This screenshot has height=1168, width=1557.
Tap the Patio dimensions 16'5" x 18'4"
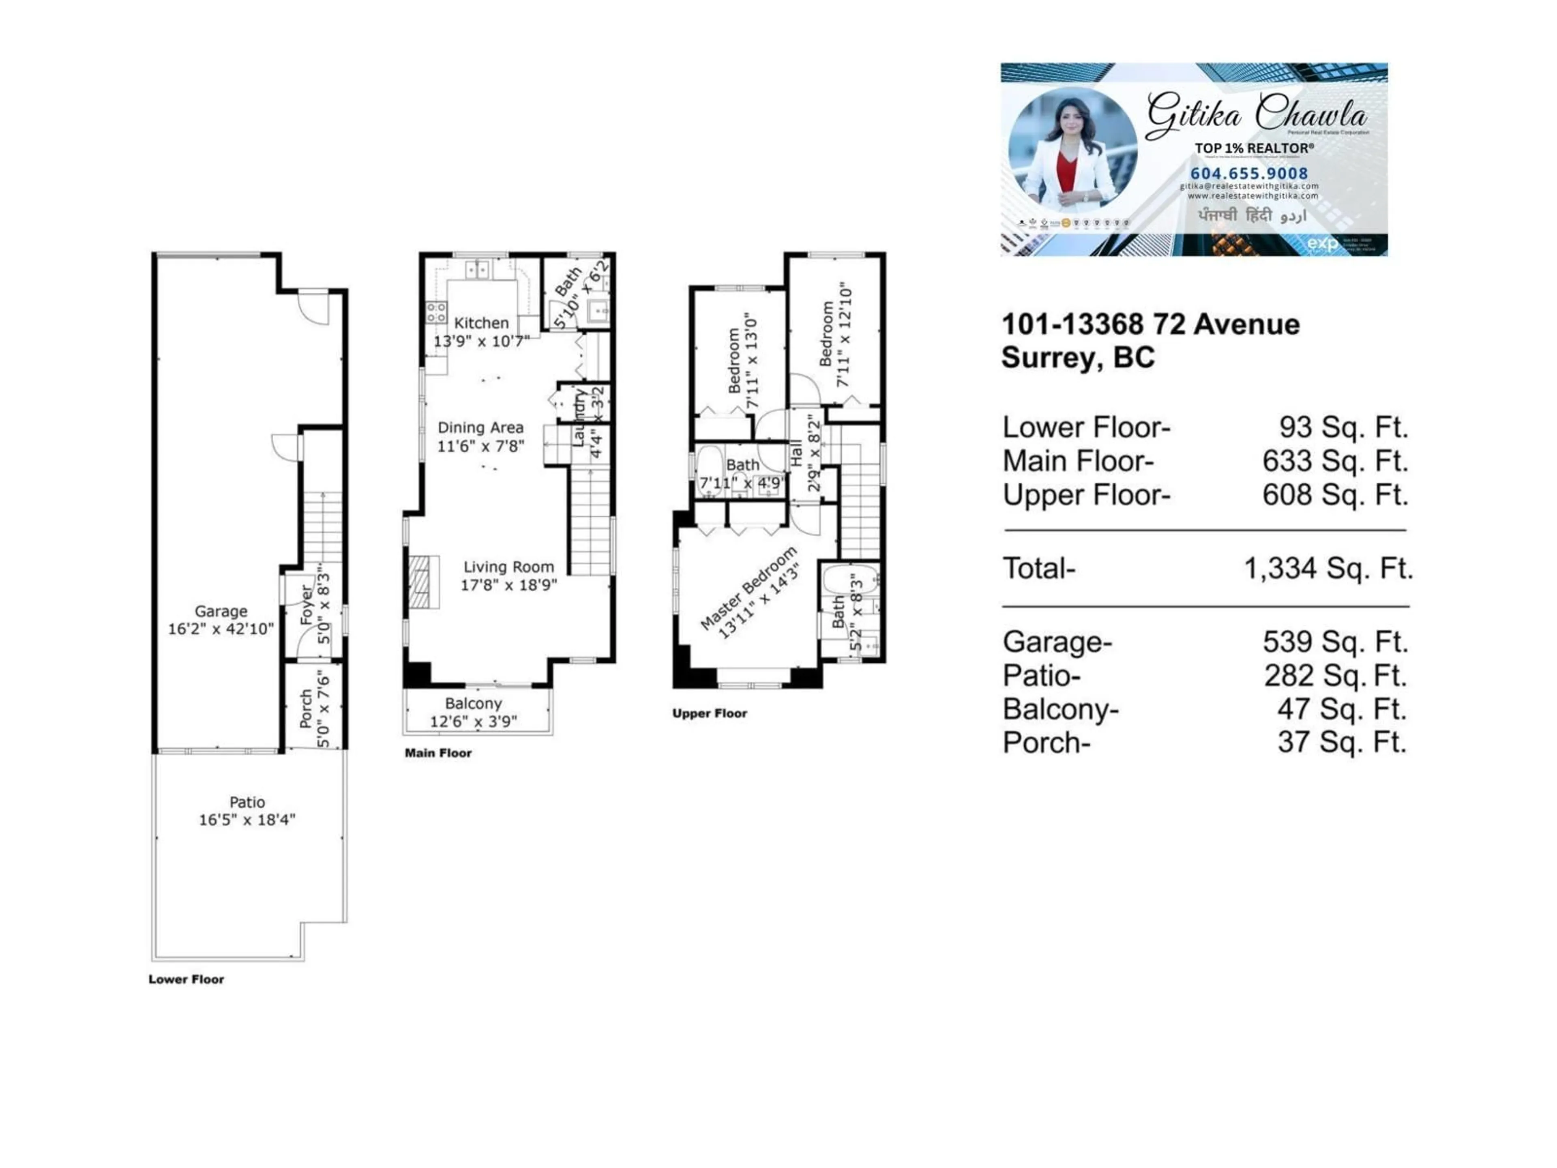(x=247, y=820)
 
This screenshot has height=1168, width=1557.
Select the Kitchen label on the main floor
(x=481, y=323)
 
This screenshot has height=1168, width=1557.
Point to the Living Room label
(x=508, y=567)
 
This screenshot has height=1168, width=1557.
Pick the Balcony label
(x=473, y=703)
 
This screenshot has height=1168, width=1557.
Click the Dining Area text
(x=480, y=427)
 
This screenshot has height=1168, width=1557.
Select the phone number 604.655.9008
(x=1249, y=173)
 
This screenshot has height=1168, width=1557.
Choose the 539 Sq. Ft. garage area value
(x=1334, y=641)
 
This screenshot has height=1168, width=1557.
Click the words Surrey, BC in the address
(x=1078, y=358)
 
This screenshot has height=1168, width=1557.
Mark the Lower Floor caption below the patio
(x=186, y=979)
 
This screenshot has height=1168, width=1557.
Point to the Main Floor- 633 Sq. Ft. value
(x=1334, y=461)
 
